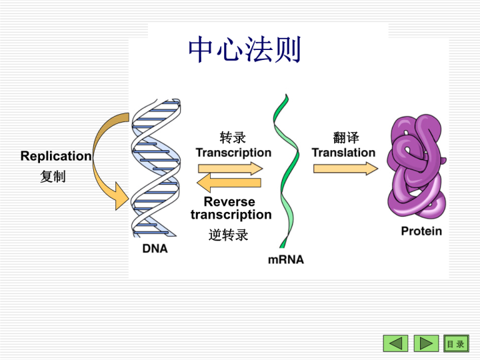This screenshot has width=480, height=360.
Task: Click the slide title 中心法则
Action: click(245, 50)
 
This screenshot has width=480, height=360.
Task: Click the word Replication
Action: click(56, 156)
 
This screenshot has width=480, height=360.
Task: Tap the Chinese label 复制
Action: click(53, 177)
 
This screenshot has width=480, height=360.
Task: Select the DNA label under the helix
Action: click(155, 249)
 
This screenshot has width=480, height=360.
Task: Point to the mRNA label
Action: click(286, 259)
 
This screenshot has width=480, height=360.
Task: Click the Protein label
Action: click(421, 231)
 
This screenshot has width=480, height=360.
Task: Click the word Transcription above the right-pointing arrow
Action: click(233, 153)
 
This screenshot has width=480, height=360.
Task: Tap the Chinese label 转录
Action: click(233, 137)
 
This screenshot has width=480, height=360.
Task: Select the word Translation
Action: click(344, 153)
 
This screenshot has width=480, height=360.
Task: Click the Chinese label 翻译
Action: click(346, 137)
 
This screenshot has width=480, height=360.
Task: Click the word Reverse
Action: click(229, 201)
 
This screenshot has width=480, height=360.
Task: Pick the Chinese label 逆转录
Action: click(229, 235)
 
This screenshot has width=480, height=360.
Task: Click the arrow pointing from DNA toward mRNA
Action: click(230, 168)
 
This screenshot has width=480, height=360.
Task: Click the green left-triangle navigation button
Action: click(395, 343)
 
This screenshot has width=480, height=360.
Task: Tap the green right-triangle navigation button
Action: click(426, 343)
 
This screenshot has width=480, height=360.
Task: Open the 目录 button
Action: click(455, 343)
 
